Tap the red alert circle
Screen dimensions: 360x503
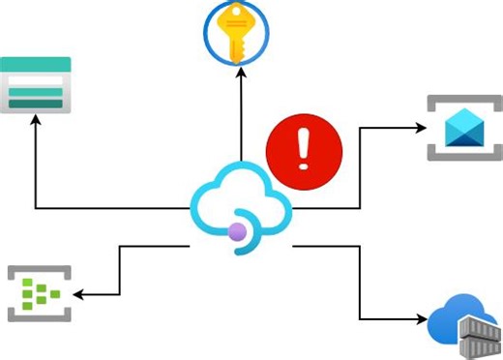(304, 151)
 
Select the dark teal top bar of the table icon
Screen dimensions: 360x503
(36, 65)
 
